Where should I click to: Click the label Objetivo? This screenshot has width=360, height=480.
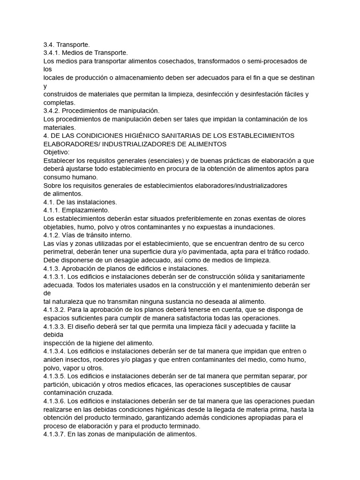56,152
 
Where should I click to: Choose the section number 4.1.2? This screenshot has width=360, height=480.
52,235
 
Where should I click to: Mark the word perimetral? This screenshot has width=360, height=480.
60,252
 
